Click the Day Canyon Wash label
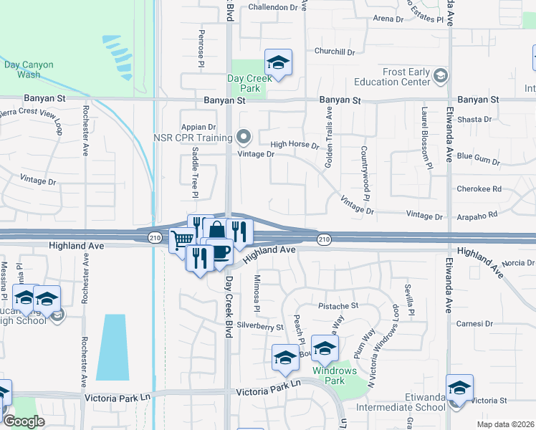pyautogui.click(x=29, y=70)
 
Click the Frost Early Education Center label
pyautogui.click(x=396, y=77)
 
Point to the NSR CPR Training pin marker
pyautogui.click(x=244, y=136)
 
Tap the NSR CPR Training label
pyautogui.click(x=193, y=137)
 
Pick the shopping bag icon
pyautogui.click(x=215, y=231)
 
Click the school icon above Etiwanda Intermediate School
pyautogui.click(x=459, y=388)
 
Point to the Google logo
pyautogui.click(x=24, y=421)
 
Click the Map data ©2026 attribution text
pyautogui.click(x=505, y=424)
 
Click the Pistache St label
pyautogui.click(x=338, y=305)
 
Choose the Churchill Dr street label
pyautogui.click(x=335, y=52)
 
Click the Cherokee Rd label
pyautogui.click(x=479, y=190)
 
